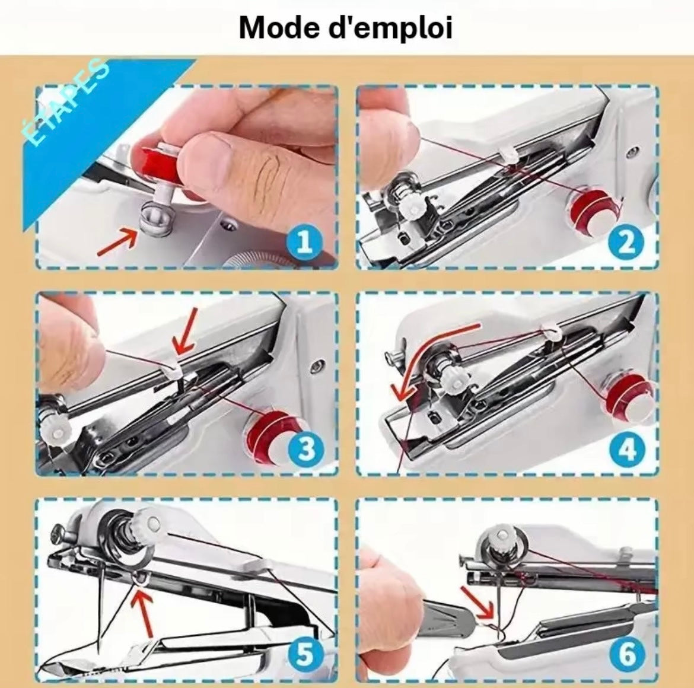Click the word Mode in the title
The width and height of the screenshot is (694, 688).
[278, 27]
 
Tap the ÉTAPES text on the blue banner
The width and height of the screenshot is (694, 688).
[65, 102]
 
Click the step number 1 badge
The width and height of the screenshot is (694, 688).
[304, 243]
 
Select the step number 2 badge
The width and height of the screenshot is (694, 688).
[625, 243]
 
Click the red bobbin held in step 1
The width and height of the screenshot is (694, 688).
[155, 157]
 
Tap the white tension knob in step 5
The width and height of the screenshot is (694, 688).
[148, 523]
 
